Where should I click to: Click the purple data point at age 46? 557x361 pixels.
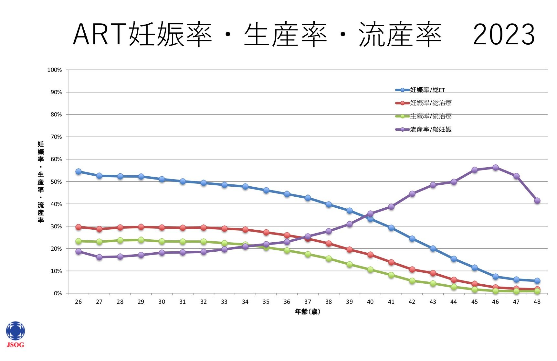pos(495,168)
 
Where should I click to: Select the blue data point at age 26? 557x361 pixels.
pos(79,171)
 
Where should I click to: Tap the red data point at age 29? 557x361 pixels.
pos(141,227)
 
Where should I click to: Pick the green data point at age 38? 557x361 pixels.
pos(329,258)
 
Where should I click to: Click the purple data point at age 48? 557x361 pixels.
pos(537,201)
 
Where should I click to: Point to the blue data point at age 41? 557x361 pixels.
pos(391,228)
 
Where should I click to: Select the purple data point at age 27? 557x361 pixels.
pos(99,257)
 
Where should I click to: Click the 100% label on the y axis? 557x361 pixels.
pos(55,70)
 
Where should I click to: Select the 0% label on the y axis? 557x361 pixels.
pos(58,293)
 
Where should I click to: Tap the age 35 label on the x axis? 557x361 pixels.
pos(266,302)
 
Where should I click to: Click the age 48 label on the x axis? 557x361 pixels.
pos(537,302)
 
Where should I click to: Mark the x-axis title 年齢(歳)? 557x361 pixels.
pos(308,312)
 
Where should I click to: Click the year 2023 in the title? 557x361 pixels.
pos(504,34)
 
